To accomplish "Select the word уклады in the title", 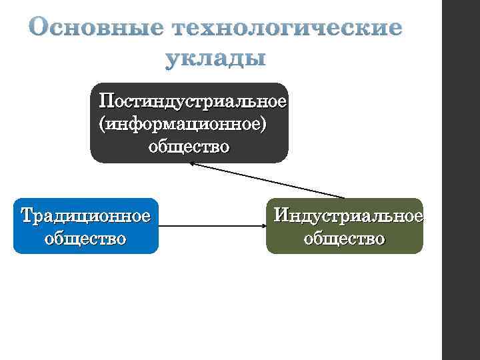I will point(215,59).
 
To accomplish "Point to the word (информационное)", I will point(186,125).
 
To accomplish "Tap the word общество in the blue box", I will point(85,238).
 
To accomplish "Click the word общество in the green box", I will point(344,238).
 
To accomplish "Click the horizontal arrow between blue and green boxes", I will point(212,227).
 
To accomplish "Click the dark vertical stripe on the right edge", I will point(461,180).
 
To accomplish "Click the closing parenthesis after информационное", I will point(269,125).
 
